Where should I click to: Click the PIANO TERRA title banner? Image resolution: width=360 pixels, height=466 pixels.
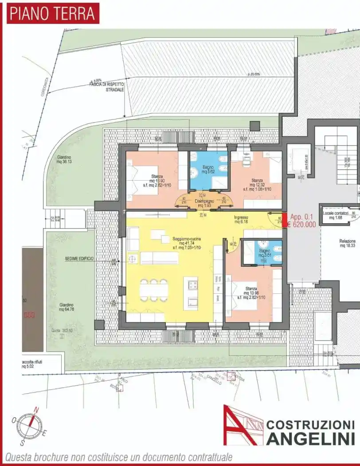click(x=53, y=13)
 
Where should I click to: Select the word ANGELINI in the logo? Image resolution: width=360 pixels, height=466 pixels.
click(x=310, y=438)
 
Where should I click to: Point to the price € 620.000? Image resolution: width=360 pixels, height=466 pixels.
click(x=301, y=225)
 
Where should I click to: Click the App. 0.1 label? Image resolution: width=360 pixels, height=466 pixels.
click(x=302, y=217)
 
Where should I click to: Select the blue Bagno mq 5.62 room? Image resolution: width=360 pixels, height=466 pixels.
click(x=208, y=170)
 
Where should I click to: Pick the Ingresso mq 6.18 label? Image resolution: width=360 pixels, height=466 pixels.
click(x=241, y=219)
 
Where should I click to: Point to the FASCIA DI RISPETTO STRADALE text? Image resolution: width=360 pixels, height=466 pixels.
click(x=109, y=87)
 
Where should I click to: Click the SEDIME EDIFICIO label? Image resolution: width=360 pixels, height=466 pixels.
click(x=79, y=258)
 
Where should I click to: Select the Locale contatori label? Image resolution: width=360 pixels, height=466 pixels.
click(x=336, y=215)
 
